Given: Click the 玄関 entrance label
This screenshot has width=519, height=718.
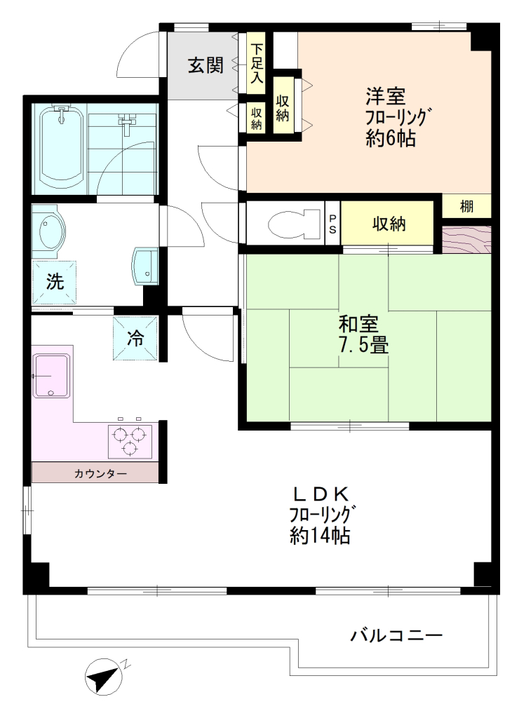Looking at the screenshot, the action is coord(205,65).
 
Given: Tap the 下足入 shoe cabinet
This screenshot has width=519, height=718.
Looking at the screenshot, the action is coord(257,63).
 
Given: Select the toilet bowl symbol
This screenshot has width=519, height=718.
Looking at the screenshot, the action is coord(295,224).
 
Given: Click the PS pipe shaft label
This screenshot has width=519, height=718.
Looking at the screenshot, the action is coord(332,224).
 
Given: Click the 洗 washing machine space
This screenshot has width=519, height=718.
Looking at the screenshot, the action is coord(54,282).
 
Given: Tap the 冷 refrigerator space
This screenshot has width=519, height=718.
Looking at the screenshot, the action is coord(135,338).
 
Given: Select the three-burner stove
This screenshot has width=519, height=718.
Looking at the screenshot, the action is coord(130,442).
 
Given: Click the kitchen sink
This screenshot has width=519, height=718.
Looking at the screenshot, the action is coord(50,376).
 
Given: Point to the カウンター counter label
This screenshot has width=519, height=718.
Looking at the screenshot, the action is coord(100,473).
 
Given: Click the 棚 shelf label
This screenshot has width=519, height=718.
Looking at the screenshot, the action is coord(466,207).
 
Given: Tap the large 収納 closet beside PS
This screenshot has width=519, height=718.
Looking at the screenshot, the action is coord(388,224).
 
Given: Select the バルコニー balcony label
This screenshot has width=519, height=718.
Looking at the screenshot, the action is coord(397,635).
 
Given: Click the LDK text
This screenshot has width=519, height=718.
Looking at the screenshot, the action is coord(321,494).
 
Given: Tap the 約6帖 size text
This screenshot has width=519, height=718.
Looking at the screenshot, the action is coord(390,137).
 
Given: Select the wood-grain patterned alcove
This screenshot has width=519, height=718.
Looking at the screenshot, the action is coord(466,239).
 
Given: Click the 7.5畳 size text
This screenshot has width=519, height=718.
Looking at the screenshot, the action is coord(363,344).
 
